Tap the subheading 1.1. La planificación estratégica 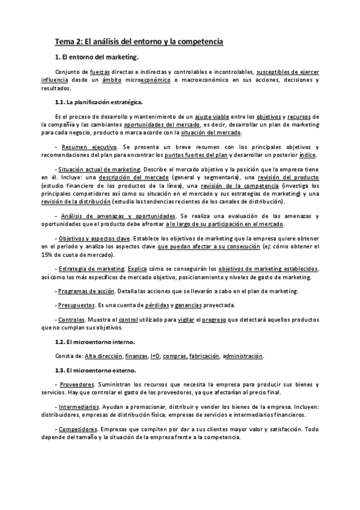coord(98,102)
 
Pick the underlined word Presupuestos coord(77,306)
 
